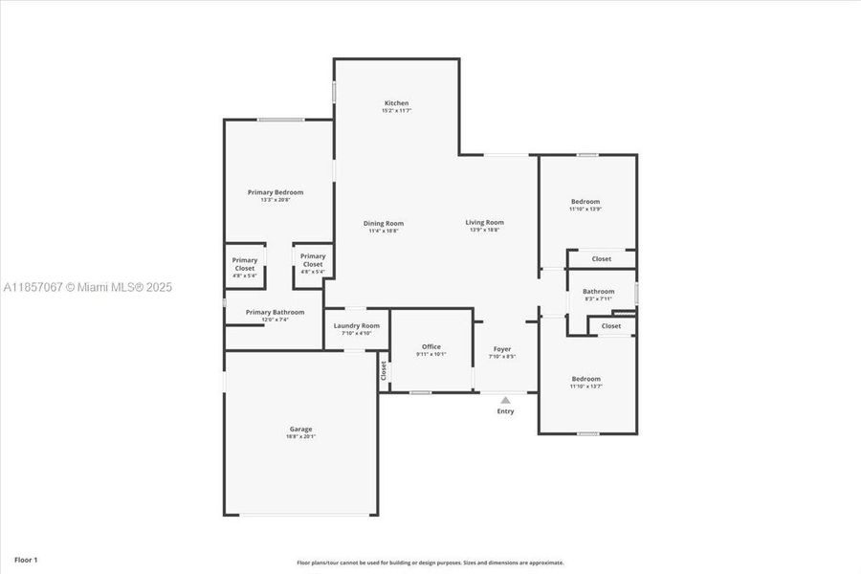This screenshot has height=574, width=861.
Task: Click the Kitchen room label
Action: pyautogui.click(x=396, y=103)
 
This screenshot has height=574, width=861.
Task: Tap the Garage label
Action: pyautogui.click(x=301, y=429)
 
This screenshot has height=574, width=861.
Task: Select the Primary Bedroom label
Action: pyautogui.click(x=276, y=192)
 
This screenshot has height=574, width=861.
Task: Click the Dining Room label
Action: pyautogui.click(x=383, y=223)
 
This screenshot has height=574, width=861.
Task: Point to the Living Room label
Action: pyautogui.click(x=485, y=222)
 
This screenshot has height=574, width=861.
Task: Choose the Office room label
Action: pyautogui.click(x=431, y=346)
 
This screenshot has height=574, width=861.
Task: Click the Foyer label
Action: pyautogui.click(x=502, y=349)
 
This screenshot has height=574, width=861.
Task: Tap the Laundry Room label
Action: pyautogui.click(x=356, y=325)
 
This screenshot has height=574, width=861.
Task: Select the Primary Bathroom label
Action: pyautogui.click(x=275, y=312)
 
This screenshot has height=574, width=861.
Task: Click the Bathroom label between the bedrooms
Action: pyautogui.click(x=599, y=291)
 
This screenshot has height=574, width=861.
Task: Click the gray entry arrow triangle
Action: pyautogui.click(x=505, y=400)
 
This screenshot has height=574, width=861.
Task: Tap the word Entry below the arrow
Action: pyautogui.click(x=505, y=411)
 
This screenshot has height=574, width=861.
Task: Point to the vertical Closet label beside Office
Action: pyautogui.click(x=384, y=370)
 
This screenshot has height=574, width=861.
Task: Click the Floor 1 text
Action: pyautogui.click(x=26, y=559)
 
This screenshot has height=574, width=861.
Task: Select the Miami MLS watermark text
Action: pyautogui.click(x=88, y=287)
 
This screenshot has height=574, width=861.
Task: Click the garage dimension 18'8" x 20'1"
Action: pyautogui.click(x=301, y=437)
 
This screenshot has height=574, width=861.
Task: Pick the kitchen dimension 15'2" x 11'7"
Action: pyautogui.click(x=396, y=111)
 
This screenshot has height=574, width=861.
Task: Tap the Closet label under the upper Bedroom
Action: pyautogui.click(x=602, y=258)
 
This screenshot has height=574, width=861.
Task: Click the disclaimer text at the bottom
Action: pyautogui.click(x=430, y=563)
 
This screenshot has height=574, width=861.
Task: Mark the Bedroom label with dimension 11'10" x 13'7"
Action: pyautogui.click(x=585, y=379)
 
